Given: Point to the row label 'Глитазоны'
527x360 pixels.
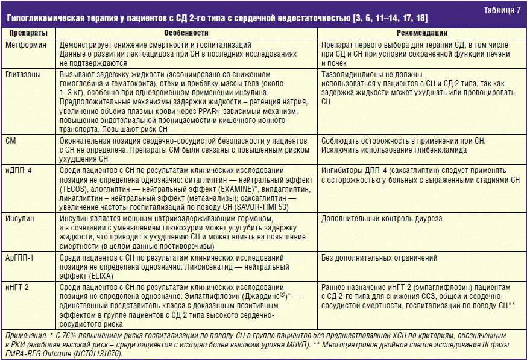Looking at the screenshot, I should [23, 74].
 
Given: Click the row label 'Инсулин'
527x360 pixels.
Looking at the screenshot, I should [20, 218].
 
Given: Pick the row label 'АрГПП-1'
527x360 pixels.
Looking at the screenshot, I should [21, 257].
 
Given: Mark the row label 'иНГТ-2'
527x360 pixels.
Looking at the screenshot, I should [19, 287].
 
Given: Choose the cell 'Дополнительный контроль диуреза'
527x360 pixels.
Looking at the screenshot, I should [382, 218].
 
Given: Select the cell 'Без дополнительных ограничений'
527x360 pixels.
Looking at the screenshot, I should [380, 257].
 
